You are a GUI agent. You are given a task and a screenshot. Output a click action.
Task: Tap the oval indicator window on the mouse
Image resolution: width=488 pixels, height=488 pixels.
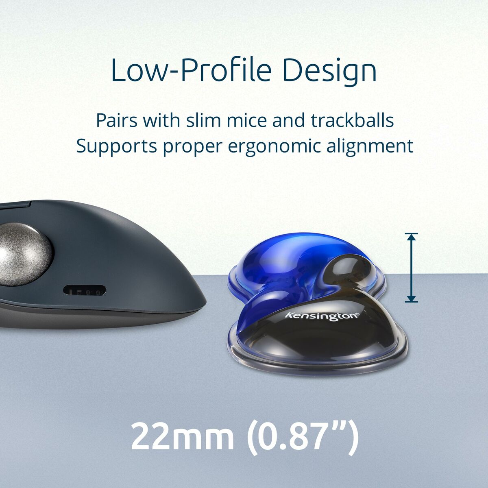(x=85, y=291)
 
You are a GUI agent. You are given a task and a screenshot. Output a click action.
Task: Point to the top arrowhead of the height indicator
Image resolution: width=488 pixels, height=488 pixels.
(x=412, y=237)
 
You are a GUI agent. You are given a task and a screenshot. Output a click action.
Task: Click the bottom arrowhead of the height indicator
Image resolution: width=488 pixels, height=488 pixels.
(x=412, y=299)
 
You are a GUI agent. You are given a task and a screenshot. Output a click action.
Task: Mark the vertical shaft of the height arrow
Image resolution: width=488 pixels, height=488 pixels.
(x=412, y=268)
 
